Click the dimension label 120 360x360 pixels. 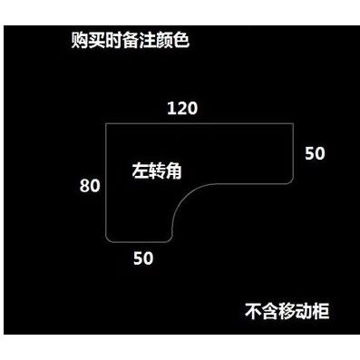coord(182,108)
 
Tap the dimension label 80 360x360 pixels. coord(90,186)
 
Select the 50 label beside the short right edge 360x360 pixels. coord(315,153)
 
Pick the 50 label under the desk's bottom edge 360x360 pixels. coord(143,258)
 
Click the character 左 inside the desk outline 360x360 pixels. coord(141,171)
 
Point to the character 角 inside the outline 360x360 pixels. coord(173,171)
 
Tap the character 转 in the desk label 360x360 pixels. coord(157,171)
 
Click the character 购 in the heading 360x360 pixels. coord(80,41)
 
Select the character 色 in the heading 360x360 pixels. coord(181,41)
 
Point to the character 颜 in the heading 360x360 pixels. coord(164,41)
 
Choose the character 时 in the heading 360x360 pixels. coord(113,41)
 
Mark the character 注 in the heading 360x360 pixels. coord(148,41)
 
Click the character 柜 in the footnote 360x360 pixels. coord(321,311)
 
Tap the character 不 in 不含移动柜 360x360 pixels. coord(253,311)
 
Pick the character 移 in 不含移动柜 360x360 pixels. coord(287,311)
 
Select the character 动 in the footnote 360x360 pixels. coord(304,311)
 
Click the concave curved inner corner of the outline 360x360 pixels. coord(185,197)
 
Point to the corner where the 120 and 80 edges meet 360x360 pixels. coord(106,123)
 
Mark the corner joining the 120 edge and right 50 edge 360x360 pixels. coord(293,123)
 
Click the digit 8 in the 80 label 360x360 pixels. coord(84,186)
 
